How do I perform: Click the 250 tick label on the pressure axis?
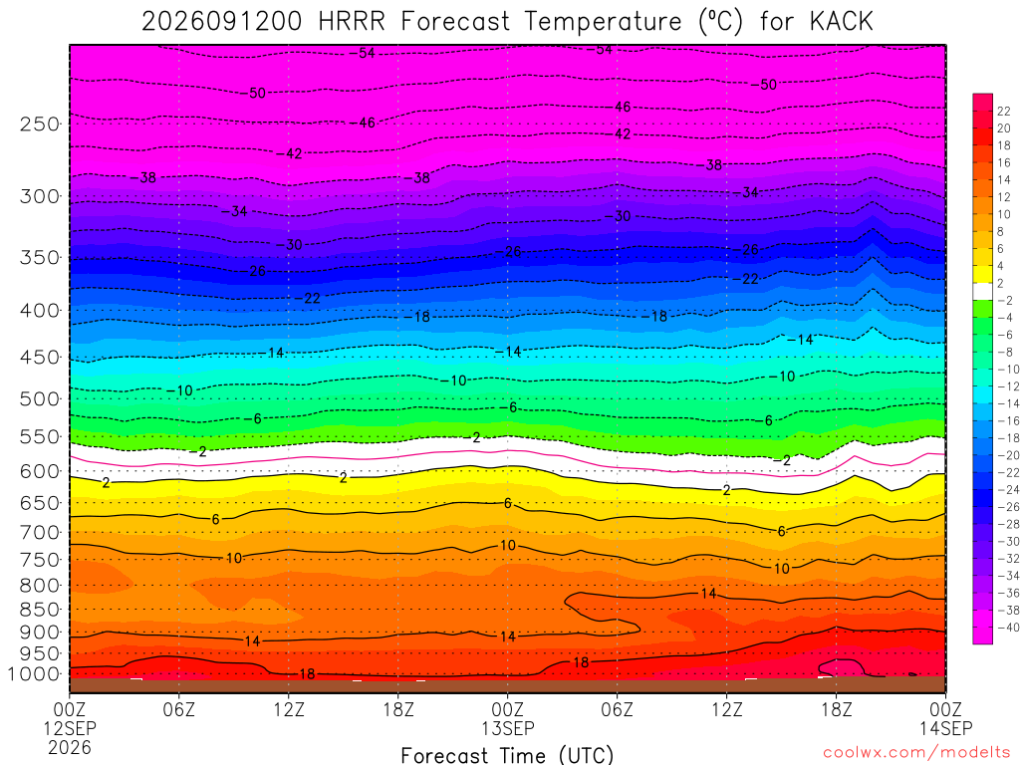coord(40,124)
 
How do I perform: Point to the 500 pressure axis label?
coord(40,398)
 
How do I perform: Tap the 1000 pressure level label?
coord(35,674)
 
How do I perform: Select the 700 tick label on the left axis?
coord(40,533)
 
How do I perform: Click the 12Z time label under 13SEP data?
coord(726,709)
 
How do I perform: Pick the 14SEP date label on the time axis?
coord(946,728)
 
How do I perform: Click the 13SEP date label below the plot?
coord(507,728)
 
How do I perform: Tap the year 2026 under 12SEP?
coord(70,748)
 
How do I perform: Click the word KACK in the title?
coord(841,22)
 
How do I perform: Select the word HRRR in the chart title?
coord(352,22)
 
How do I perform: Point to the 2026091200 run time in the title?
coord(222,22)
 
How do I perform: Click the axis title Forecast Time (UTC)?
coord(507,755)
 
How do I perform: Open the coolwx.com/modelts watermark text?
coord(916,753)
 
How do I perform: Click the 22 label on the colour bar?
coord(1004,112)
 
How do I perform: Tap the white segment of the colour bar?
coord(982,292)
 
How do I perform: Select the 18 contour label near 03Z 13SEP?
coord(581,662)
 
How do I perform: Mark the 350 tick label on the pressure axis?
coord(40,258)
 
